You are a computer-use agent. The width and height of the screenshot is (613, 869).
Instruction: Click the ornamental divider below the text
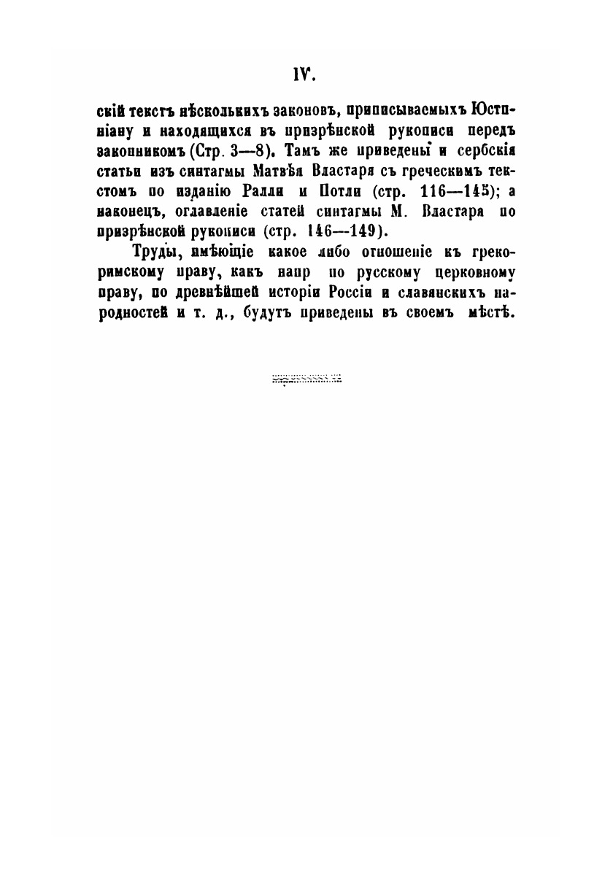pyautogui.click(x=306, y=379)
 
